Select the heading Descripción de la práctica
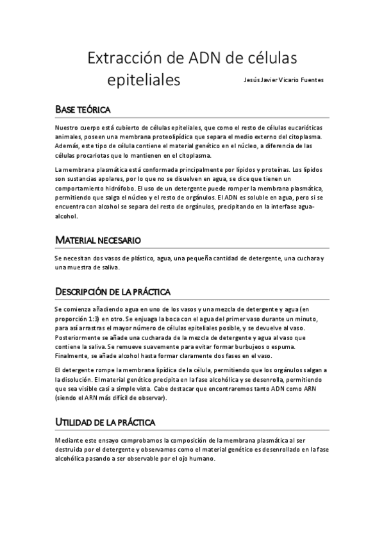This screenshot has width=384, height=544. (112, 293)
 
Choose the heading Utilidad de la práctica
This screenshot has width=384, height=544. (104, 423)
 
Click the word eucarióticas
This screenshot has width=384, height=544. (306, 128)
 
